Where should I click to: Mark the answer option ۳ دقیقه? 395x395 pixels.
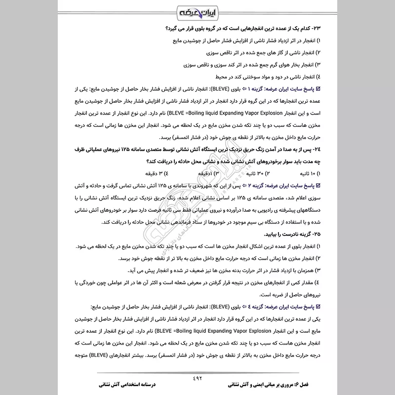[156, 174]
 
